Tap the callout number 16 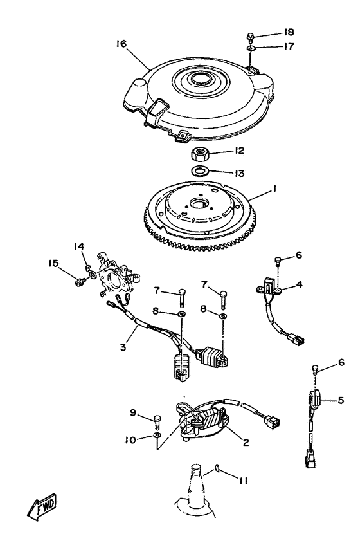pyautogui.click(x=121, y=44)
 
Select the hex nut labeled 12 pyautogui.click(x=198, y=155)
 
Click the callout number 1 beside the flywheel pyautogui.click(x=274, y=188)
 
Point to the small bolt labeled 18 pyautogui.click(x=250, y=36)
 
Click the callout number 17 pyautogui.click(x=289, y=46)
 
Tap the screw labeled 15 pyautogui.click(x=80, y=282)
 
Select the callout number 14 pyautogui.click(x=79, y=246)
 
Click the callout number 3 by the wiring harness pyautogui.click(x=123, y=347)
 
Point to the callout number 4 pyautogui.click(x=299, y=284)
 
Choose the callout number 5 pyautogui.click(x=341, y=400)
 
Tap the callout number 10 pyautogui.click(x=130, y=440)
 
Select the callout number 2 pyautogui.click(x=246, y=442)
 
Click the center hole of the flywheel pyautogui.click(x=197, y=204)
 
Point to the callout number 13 pyautogui.click(x=239, y=173)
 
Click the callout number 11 pyautogui.click(x=242, y=481)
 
